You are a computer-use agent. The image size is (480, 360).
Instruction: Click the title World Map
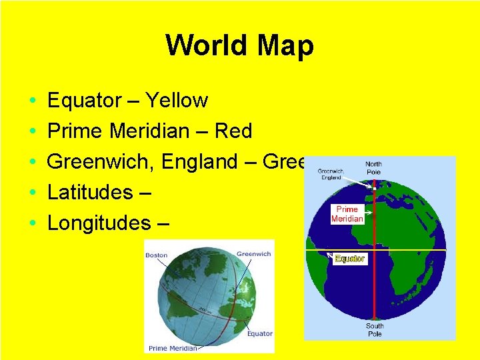(x=239, y=46)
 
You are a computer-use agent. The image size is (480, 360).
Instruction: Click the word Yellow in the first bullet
(x=177, y=101)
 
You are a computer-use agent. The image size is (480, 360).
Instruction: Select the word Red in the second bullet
(x=233, y=131)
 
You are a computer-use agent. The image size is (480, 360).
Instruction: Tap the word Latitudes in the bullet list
(x=90, y=193)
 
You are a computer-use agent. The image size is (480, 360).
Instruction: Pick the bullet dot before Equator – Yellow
(x=33, y=101)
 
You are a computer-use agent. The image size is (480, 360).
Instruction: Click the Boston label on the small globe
(x=157, y=255)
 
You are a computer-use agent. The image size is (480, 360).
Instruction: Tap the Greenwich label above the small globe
(x=253, y=254)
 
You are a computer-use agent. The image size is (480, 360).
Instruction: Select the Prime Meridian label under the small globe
(x=173, y=348)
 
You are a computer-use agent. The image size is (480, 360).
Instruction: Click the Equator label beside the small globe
(x=259, y=333)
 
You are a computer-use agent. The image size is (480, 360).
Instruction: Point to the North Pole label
(x=374, y=168)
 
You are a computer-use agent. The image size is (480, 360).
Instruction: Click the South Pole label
(x=375, y=330)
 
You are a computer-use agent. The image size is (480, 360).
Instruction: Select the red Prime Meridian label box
(x=347, y=214)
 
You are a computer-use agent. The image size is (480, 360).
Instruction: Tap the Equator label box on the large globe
(x=349, y=259)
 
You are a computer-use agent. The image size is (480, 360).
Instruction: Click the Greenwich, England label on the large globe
(x=330, y=173)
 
